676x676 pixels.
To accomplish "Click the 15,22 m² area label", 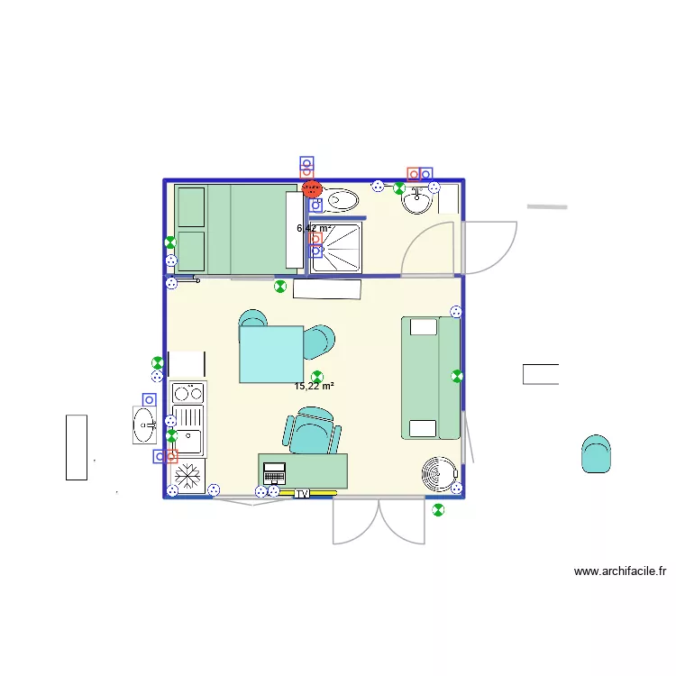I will pyautogui.click(x=314, y=387).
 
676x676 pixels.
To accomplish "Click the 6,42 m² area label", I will pyautogui.click(x=314, y=228).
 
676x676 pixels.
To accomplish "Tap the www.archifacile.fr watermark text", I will pyautogui.click(x=620, y=571).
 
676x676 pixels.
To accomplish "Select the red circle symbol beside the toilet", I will pyautogui.click(x=311, y=188).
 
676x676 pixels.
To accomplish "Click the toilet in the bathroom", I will pyautogui.click(x=340, y=199).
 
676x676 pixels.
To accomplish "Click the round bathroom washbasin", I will pyautogui.click(x=416, y=201).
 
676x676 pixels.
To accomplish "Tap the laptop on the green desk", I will pyautogui.click(x=274, y=473).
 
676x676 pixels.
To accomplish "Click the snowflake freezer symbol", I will pyautogui.click(x=188, y=474).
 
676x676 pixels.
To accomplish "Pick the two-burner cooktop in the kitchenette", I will pyautogui.click(x=188, y=392).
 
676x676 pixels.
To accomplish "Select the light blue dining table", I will pyautogui.click(x=271, y=354).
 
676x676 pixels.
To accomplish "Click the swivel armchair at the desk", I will pyautogui.click(x=313, y=430).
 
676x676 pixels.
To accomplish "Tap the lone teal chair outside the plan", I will pyautogui.click(x=596, y=453).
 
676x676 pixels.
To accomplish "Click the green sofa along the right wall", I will pyautogui.click(x=431, y=378).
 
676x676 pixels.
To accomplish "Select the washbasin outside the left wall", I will pyautogui.click(x=144, y=425).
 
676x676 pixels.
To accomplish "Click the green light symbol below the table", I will pyautogui.click(x=316, y=376).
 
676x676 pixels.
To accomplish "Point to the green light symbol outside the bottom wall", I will pyautogui.click(x=438, y=510).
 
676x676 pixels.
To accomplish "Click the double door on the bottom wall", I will pyautogui.click(x=379, y=520).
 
